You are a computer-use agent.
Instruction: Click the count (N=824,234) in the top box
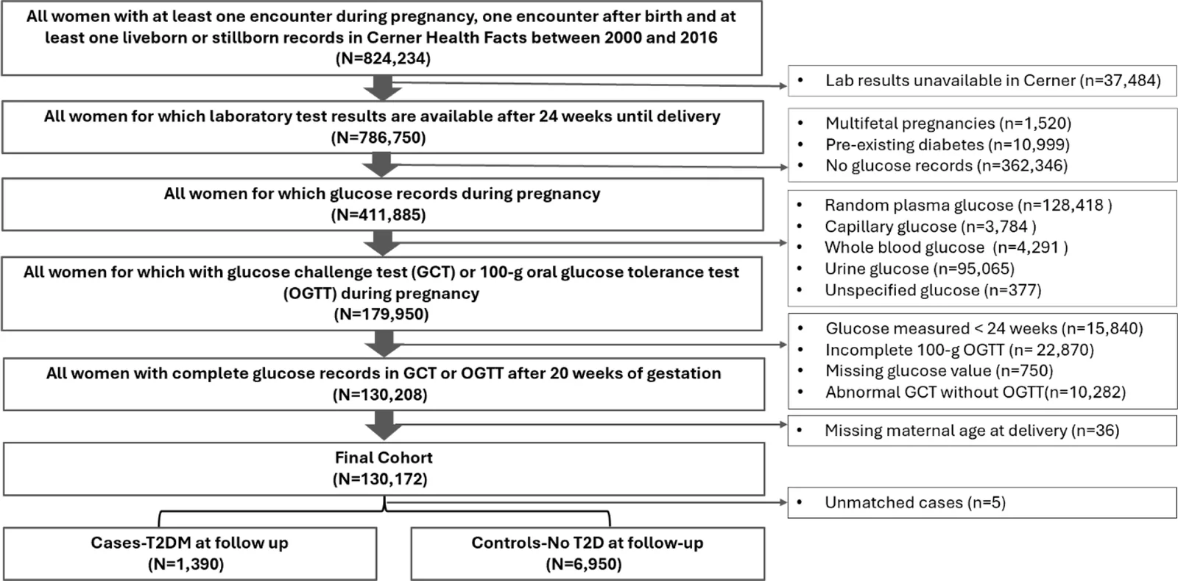pos(383,58)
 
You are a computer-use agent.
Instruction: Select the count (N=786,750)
pos(378,138)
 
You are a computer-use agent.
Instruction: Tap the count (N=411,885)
pos(378,215)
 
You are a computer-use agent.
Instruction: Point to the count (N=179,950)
pos(381,314)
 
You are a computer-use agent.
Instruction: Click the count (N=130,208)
pos(380,395)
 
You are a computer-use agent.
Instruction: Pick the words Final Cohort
pos(384,458)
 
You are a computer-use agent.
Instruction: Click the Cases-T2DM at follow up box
pos(190,554)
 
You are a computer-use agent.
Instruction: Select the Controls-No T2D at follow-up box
pos(588,554)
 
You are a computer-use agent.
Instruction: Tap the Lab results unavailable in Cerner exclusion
pos(993,80)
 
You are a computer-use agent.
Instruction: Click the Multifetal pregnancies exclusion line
pos(948,124)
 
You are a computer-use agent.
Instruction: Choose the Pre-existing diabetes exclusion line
pos(948,144)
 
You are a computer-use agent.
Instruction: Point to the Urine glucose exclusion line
pos(920,270)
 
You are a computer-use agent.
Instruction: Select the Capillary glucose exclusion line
pos(931,227)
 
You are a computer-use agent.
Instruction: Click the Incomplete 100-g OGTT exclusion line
pos(960,351)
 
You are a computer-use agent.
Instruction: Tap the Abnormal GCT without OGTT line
pos(976,392)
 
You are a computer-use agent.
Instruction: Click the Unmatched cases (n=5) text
pos(915,503)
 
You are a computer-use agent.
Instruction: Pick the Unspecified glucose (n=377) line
pos(933,290)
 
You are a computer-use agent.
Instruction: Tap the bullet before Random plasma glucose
pos(800,205)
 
